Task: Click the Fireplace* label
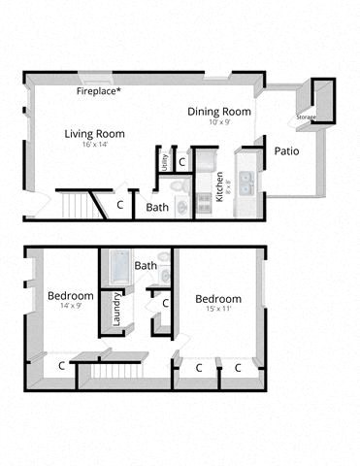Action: point(106,91)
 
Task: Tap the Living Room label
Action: point(95,134)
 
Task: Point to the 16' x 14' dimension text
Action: point(95,145)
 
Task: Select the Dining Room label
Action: point(219,112)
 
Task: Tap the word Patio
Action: point(285,151)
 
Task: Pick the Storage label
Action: point(307,117)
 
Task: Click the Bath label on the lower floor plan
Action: point(146,266)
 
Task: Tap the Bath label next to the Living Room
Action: point(157,207)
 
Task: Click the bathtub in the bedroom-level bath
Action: point(116,265)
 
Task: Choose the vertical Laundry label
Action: point(117,311)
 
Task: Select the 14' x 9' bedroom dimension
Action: point(71,306)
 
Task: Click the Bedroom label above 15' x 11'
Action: point(217,298)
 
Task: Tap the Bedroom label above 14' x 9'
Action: point(71,295)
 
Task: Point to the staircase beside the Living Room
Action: point(78,205)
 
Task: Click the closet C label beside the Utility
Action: point(181,161)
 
